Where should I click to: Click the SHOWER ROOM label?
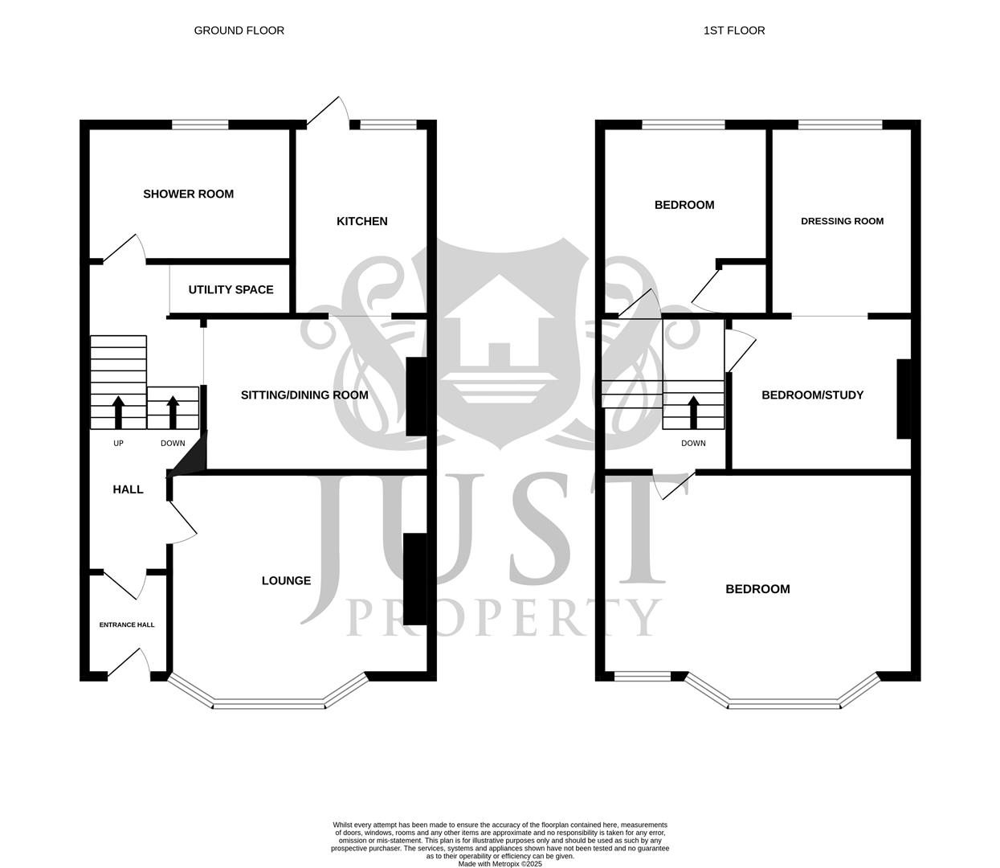(x=188, y=194)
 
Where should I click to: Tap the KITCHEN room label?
(x=361, y=221)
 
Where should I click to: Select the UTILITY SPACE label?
(x=231, y=289)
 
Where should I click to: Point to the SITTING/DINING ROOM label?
(x=304, y=395)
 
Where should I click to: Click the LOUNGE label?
(x=286, y=580)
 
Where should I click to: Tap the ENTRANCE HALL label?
(x=127, y=624)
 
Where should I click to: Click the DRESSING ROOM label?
(x=842, y=221)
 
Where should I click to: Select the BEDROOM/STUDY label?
(x=812, y=395)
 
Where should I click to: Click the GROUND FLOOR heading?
(x=239, y=31)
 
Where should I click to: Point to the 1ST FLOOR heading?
(x=733, y=31)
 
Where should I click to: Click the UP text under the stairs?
(x=118, y=443)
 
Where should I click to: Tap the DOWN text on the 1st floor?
(x=693, y=443)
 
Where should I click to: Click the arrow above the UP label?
(x=118, y=411)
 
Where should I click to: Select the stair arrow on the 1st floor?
(x=693, y=411)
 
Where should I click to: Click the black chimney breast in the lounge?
(x=414, y=579)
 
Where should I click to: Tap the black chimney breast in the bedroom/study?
(x=904, y=399)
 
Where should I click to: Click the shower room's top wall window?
(x=200, y=124)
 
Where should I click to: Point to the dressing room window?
(x=839, y=124)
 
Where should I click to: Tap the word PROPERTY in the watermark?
(x=504, y=617)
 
